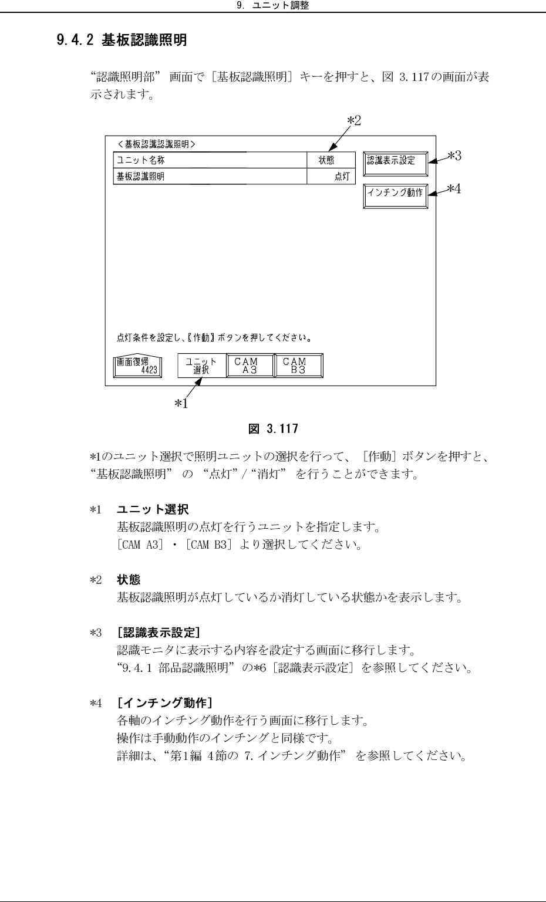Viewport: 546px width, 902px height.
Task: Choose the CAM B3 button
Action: coord(299,366)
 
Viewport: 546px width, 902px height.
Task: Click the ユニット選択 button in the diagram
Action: coord(202,366)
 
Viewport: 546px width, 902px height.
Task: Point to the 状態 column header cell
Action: coord(331,160)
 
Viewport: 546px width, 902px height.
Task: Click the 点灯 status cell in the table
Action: coord(331,176)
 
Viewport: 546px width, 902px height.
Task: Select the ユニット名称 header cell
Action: coord(210,160)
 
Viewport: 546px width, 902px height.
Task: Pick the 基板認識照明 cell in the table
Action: coord(210,176)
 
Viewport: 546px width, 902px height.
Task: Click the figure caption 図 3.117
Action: coord(273,429)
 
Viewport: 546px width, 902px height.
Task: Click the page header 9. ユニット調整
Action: coord(272,6)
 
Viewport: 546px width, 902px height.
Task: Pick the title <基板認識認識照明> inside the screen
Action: coord(156,144)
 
